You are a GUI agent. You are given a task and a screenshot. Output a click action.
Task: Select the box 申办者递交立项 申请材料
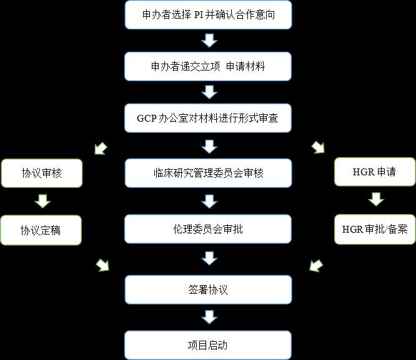pyautogui.click(x=209, y=66)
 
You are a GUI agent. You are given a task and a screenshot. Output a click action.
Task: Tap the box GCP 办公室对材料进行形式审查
pyautogui.click(x=209, y=119)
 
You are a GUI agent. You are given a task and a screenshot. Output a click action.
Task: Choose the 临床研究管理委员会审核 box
pyautogui.click(x=209, y=173)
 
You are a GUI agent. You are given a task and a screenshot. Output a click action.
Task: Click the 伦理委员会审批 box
pyautogui.click(x=209, y=229)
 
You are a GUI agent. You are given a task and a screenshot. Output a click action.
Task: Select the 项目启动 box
pyautogui.click(x=209, y=345)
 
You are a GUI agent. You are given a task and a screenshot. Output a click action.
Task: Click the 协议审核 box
pyautogui.click(x=41, y=173)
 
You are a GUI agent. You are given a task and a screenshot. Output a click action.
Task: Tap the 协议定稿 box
pyautogui.click(x=41, y=231)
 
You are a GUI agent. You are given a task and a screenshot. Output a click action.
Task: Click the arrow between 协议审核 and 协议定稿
pyautogui.click(x=42, y=201)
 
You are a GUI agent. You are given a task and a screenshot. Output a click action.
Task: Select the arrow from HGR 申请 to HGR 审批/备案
pyautogui.click(x=375, y=200)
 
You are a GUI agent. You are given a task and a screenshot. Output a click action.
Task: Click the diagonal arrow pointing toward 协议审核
pyautogui.click(x=100, y=148)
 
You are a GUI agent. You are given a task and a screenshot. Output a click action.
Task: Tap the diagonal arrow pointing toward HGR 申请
pyautogui.click(x=319, y=148)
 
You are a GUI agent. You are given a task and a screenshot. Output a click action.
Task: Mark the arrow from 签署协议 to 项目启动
pyautogui.click(x=209, y=318)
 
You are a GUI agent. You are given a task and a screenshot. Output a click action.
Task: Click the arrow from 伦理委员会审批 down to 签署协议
pyautogui.click(x=209, y=258)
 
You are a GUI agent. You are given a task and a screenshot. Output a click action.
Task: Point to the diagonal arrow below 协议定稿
pyautogui.click(x=102, y=266)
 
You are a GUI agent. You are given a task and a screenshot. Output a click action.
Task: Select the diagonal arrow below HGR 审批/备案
pyautogui.click(x=317, y=265)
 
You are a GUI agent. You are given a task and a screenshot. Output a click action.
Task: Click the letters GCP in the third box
pyautogui.click(x=147, y=119)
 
